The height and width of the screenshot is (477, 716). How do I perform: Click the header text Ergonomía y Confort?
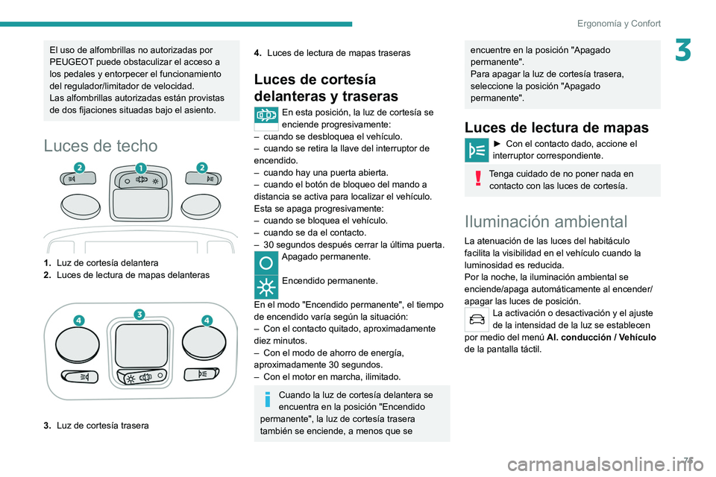pyautogui.click(x=618, y=23)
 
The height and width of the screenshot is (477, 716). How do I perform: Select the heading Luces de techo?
pyautogui.click(x=101, y=145)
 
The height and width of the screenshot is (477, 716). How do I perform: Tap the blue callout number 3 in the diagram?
pyautogui.click(x=139, y=313)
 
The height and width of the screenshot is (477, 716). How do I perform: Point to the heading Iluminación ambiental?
pyautogui.click(x=545, y=221)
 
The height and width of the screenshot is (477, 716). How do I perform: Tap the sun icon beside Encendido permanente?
pyautogui.click(x=266, y=286)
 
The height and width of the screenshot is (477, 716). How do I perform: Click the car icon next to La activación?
pyautogui.click(x=476, y=319)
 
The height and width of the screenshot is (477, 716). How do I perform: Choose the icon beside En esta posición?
pyautogui.click(x=266, y=118)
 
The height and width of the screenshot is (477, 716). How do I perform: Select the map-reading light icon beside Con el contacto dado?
pyautogui.click(x=476, y=150)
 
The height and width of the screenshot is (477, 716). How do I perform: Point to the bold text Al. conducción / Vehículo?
pyautogui.click(x=601, y=337)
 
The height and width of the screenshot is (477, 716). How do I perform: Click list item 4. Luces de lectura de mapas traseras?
pyautogui.click(x=332, y=53)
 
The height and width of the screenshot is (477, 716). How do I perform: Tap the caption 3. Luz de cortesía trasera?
pyautogui.click(x=96, y=426)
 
